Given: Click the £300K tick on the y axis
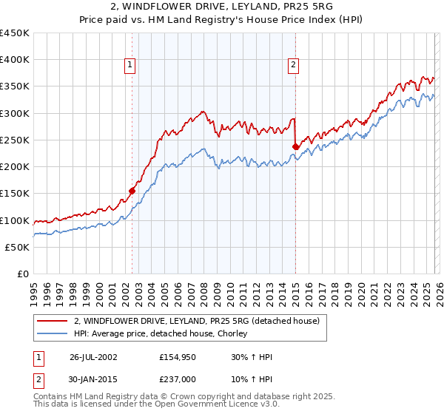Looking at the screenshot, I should click(x=15, y=113).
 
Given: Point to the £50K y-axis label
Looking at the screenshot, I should click(x=18, y=247).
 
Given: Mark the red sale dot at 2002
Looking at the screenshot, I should click(x=132, y=191).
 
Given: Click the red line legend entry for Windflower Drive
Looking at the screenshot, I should click(x=197, y=321).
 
